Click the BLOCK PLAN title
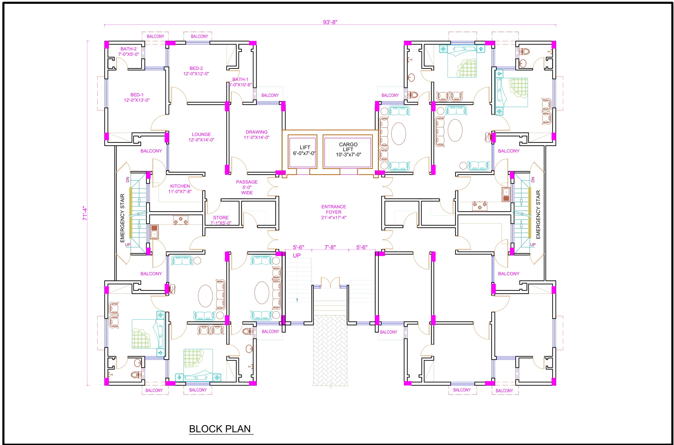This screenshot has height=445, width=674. pyautogui.click(x=220, y=429)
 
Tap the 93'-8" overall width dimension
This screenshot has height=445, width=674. pyautogui.click(x=330, y=22)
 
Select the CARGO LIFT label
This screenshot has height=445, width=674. pyautogui.click(x=348, y=149)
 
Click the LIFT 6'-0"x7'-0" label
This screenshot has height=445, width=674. pyautogui.click(x=304, y=150)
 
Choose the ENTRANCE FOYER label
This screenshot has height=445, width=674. pyautogui.click(x=333, y=212)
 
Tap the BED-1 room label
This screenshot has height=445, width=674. pyautogui.click(x=137, y=97)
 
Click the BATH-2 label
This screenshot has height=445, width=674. pyautogui.click(x=129, y=51)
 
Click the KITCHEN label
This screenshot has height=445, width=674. pyautogui.click(x=180, y=189)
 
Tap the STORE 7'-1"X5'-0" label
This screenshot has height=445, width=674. pyautogui.click(x=221, y=220)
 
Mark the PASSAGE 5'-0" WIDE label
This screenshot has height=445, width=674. pyautogui.click(x=247, y=187)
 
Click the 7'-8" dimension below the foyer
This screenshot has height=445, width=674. pyautogui.click(x=330, y=247)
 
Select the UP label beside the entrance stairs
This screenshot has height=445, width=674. pyautogui.click(x=297, y=255)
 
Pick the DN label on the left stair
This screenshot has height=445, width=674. pyautogui.click(x=128, y=180)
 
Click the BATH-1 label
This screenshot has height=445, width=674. pyautogui.click(x=240, y=82)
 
